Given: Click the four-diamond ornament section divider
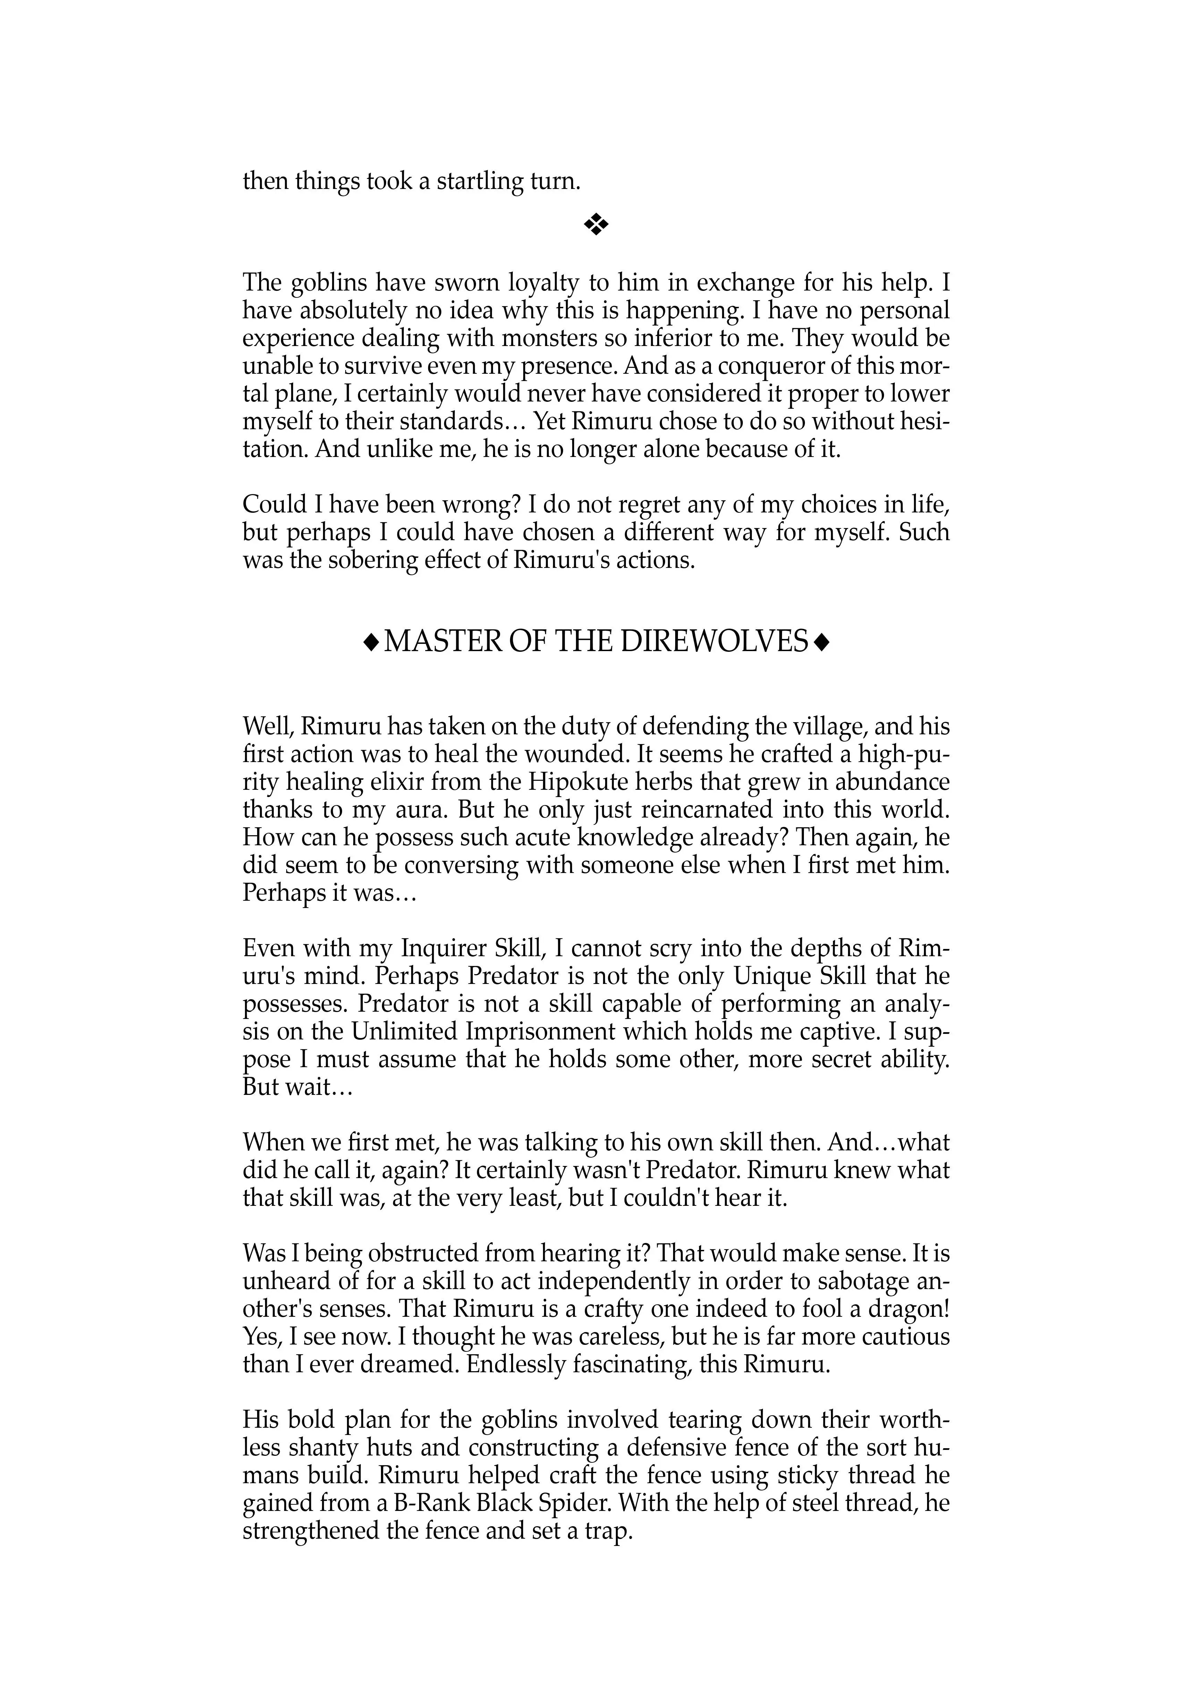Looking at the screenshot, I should [596, 225].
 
